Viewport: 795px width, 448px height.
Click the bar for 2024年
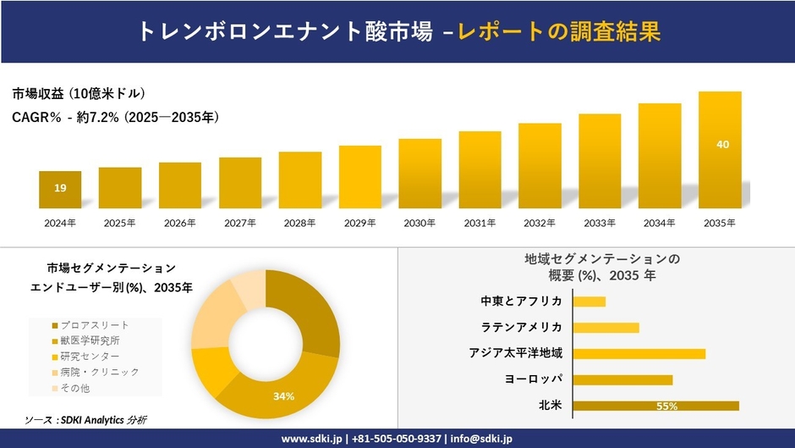tap(60, 190)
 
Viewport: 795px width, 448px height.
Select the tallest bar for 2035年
tap(720, 150)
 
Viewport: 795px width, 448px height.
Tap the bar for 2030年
tap(420, 174)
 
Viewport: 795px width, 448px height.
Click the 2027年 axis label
tap(240, 224)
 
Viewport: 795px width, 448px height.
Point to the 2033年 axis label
tap(600, 224)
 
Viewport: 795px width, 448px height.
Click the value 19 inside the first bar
tap(60, 188)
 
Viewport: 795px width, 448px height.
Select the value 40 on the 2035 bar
tap(722, 145)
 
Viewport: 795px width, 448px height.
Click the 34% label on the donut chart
tap(283, 395)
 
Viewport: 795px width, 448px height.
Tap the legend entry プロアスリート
tap(95, 325)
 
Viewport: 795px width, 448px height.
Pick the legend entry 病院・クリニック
tap(99, 372)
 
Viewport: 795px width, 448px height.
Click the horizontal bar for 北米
tap(655, 406)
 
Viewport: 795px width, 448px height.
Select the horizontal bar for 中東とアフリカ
tap(589, 301)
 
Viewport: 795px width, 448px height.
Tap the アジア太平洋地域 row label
tap(516, 353)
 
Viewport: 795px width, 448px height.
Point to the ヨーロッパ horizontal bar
tap(622, 379)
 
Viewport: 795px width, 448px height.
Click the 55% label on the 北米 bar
tap(666, 407)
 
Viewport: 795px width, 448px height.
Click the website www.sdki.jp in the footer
tap(311, 439)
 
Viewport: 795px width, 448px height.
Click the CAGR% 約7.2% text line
tap(116, 118)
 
